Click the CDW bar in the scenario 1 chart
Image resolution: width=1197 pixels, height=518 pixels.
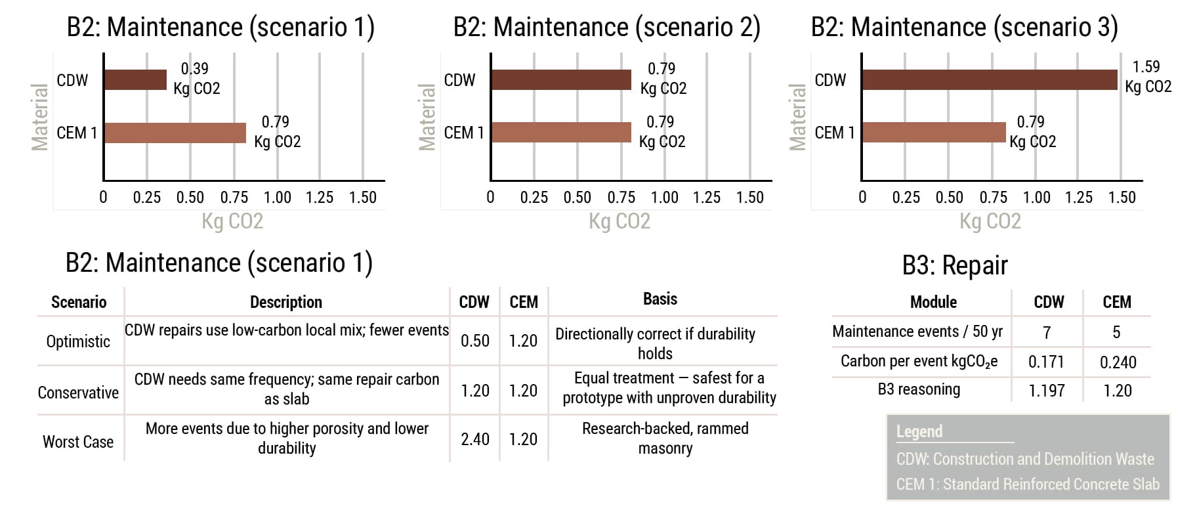(x=135, y=80)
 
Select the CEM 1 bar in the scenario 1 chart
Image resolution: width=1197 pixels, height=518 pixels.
(x=175, y=133)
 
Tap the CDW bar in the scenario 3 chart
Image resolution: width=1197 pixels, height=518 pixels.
(x=989, y=80)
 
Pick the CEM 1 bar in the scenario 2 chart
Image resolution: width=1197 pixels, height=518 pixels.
(x=560, y=133)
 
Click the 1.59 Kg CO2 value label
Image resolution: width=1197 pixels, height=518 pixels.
(x=1148, y=76)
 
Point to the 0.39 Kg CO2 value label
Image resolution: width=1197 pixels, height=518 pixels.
(x=196, y=78)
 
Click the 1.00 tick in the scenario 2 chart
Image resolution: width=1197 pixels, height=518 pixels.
(x=664, y=197)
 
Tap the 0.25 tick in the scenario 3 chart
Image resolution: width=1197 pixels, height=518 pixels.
(x=906, y=197)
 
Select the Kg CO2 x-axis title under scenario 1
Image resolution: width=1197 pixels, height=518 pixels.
(x=232, y=221)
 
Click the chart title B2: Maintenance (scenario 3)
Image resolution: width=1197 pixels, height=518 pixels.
(x=964, y=28)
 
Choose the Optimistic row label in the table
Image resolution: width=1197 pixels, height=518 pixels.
(x=78, y=341)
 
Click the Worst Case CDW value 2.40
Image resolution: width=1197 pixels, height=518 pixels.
(x=474, y=439)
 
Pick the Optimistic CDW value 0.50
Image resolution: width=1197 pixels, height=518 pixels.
(x=474, y=341)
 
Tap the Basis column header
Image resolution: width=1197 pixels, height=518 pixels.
(x=660, y=299)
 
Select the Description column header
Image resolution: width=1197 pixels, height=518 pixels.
(x=286, y=302)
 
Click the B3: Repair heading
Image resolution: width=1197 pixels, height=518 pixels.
(x=954, y=265)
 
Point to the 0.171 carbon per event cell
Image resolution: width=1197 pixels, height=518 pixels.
(x=1046, y=362)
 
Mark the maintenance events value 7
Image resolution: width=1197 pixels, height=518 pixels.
(x=1047, y=332)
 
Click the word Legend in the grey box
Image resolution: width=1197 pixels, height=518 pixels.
(x=919, y=431)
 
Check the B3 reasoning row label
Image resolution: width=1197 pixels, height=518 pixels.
(x=919, y=389)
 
